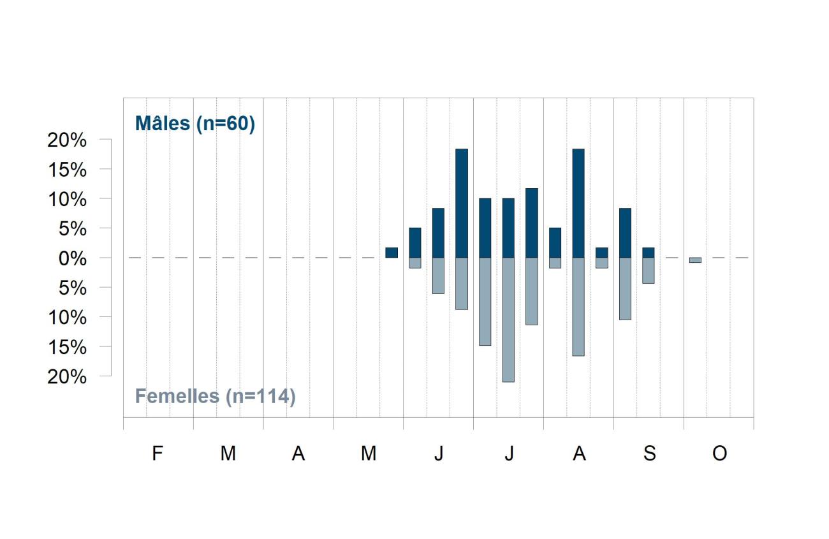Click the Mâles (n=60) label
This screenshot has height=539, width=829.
[195, 124]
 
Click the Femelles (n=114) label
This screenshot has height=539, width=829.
[216, 397]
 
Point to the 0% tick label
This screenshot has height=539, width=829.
[73, 258]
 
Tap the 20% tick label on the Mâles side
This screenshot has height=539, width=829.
[67, 140]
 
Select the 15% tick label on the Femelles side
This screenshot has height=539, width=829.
[67, 347]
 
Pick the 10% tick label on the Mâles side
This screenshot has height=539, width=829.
[67, 200]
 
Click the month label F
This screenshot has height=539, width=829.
[158, 453]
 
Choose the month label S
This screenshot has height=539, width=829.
[650, 453]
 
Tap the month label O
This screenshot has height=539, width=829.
[719, 453]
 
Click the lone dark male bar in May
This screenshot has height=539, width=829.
[392, 253]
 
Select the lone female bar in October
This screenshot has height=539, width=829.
[695, 260]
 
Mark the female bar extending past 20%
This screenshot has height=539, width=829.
[508, 320]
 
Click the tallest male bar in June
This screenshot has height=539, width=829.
[462, 203]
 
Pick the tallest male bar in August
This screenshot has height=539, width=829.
[578, 203]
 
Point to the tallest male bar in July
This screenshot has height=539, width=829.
[532, 223]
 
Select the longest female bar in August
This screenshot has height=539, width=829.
[578, 307]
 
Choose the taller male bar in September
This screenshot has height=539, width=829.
[625, 233]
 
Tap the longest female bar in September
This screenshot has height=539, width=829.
[625, 289]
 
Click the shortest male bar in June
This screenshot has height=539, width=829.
[415, 242]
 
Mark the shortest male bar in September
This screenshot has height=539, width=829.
[649, 253]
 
